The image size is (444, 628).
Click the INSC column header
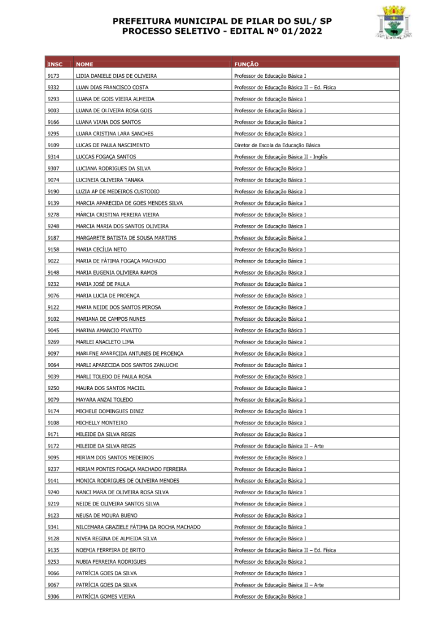coord(55,64)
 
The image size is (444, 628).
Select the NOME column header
coord(85,64)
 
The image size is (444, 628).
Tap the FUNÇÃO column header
coord(247,64)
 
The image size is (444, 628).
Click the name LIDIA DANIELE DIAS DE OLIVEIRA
coord(116,76)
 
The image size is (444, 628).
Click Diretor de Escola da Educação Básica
coord(277,145)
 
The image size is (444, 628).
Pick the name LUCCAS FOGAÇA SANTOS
coord(105,157)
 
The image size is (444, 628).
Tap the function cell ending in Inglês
coord(280,157)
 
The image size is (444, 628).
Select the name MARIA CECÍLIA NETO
coord(101,250)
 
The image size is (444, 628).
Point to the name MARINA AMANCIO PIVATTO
coord(109,331)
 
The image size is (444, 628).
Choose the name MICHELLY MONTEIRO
coord(101,423)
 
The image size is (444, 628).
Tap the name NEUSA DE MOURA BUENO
coord(106,516)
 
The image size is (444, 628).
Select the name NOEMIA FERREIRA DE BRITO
coord(110,550)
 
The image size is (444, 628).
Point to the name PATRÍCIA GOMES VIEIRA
coord(105,596)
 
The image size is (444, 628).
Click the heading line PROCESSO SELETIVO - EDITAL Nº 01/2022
coord(221,31)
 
